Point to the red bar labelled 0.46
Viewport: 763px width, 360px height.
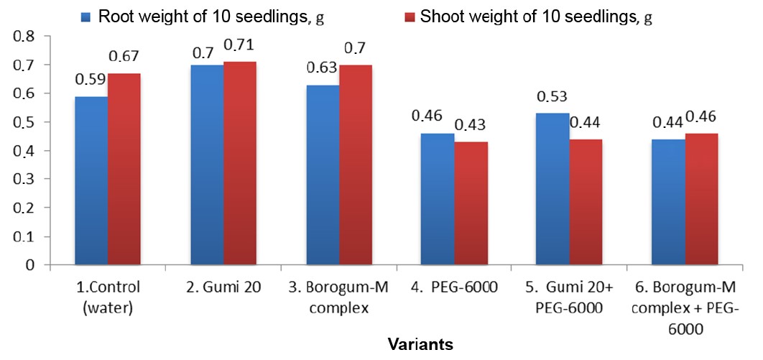[700, 199]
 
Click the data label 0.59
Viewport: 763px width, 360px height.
[90, 80]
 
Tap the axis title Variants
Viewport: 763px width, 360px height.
[420, 344]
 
